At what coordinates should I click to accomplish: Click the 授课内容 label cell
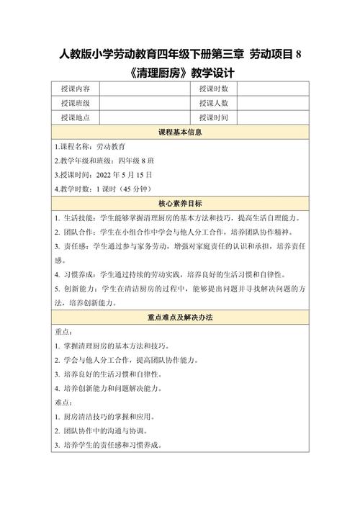tap(75, 89)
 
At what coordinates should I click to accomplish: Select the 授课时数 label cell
tap(213, 89)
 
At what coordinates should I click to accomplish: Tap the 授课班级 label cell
tap(75, 103)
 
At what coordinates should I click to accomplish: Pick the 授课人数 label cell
tap(213, 103)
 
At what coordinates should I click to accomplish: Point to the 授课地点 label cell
tap(75, 117)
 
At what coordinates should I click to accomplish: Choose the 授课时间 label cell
tap(213, 117)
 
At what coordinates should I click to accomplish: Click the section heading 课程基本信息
tap(179, 132)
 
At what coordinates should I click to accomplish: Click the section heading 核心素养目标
tap(179, 203)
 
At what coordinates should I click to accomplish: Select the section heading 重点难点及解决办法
tap(179, 317)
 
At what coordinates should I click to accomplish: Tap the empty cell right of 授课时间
tap(273, 117)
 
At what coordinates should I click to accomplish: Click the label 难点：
tap(63, 402)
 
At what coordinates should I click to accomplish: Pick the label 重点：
tap(63, 331)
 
